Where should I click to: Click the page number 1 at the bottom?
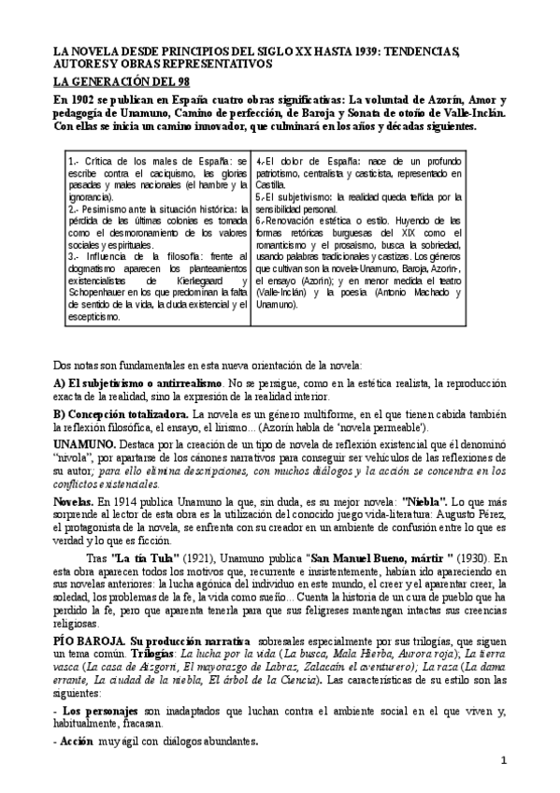tap(503, 760)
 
